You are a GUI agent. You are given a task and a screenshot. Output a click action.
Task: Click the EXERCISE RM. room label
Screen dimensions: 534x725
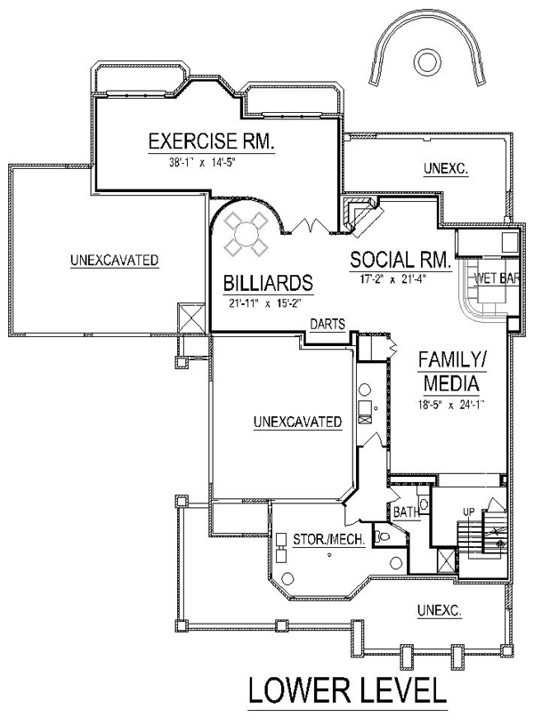point(211,141)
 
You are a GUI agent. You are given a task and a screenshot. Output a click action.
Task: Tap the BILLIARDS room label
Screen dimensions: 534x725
point(269,283)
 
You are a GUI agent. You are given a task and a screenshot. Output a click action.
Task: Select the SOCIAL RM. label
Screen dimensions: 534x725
point(400,260)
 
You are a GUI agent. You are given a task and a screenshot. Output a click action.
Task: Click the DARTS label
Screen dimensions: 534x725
point(328,324)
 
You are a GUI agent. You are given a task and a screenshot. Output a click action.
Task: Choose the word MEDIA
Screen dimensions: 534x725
point(451,383)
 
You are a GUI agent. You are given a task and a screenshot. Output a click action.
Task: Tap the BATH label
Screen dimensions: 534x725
point(406,512)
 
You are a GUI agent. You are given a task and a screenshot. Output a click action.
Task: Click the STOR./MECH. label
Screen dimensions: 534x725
point(329,539)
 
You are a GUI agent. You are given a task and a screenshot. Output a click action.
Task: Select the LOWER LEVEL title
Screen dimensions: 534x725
point(348,691)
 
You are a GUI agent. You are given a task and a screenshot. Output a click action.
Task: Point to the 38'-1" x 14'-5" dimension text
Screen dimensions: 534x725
point(203,162)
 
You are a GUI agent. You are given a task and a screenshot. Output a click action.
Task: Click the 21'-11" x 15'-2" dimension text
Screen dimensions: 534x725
point(265,303)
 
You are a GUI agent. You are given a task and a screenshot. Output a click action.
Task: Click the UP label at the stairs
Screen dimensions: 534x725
point(469,512)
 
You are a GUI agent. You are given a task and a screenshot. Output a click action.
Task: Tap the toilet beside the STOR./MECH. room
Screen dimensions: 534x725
point(382,536)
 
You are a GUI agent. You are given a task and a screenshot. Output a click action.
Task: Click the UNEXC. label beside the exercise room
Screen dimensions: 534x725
point(446,169)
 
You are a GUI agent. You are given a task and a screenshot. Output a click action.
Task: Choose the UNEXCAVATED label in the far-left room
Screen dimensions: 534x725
point(114,260)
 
